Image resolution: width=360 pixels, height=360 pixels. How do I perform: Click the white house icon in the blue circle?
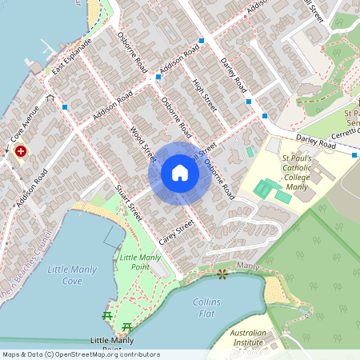click(180, 172)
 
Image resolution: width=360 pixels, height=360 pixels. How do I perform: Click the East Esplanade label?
click(73, 57)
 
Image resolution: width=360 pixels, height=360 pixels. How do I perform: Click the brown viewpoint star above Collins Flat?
click(222, 274)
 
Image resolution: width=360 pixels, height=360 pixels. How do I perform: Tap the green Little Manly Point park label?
click(139, 262)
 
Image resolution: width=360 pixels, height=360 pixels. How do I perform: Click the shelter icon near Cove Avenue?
click(50, 98)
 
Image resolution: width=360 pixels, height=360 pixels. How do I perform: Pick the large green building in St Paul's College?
click(263, 190)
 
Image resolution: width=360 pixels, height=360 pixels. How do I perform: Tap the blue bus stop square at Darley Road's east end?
click(265, 117)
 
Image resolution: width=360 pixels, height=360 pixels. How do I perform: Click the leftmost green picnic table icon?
click(107, 316)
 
